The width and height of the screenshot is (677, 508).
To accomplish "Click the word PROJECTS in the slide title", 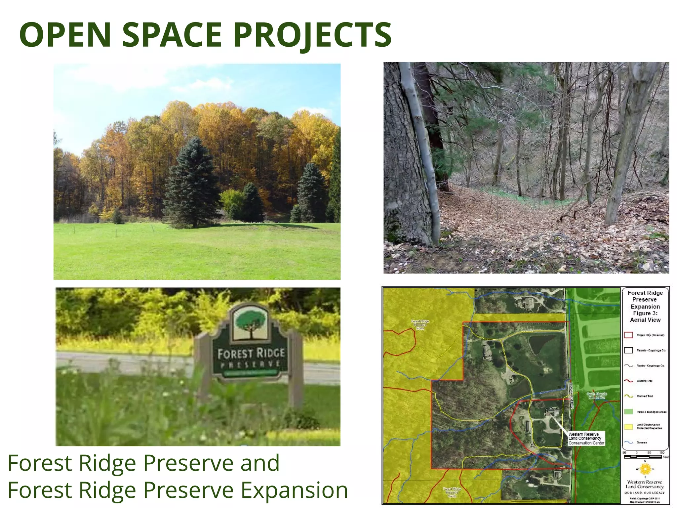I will pyautogui.click(x=312, y=35).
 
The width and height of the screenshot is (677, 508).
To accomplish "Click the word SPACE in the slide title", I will pyautogui.click(x=172, y=35).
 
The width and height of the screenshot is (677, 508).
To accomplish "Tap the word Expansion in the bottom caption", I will pyautogui.click(x=294, y=490).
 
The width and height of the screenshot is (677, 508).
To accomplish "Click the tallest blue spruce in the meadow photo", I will pyautogui.click(x=192, y=185).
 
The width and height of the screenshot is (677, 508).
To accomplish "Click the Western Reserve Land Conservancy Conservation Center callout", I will pyautogui.click(x=586, y=439).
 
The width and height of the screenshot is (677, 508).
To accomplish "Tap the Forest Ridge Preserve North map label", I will pyautogui.click(x=420, y=325).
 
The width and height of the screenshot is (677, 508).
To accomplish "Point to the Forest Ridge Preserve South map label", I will pyautogui.click(x=452, y=492).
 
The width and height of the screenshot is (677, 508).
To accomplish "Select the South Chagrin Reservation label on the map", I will pyautogui.click(x=597, y=396).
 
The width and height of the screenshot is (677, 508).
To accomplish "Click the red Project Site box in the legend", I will pyautogui.click(x=628, y=335).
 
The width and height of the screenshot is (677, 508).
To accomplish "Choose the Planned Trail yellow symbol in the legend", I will pyautogui.click(x=628, y=396).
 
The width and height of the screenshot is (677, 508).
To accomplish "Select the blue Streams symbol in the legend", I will pyautogui.click(x=628, y=442).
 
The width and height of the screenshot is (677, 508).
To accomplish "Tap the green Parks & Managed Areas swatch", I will pyautogui.click(x=628, y=412).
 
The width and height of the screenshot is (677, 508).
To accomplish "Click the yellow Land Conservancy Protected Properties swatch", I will pyautogui.click(x=628, y=427).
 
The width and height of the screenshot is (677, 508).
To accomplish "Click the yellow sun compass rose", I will pyautogui.click(x=645, y=469).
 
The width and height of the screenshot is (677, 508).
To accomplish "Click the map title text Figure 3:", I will pyautogui.click(x=645, y=313).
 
